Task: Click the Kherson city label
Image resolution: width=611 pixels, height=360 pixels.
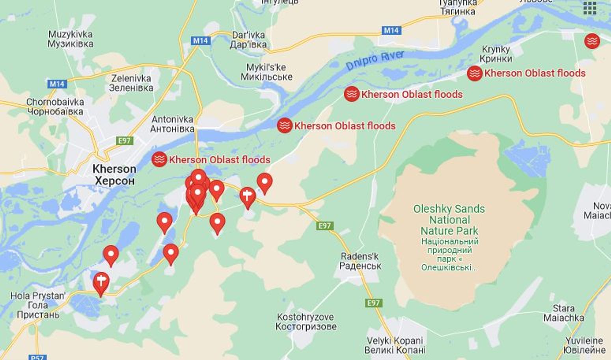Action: [x=114, y=174]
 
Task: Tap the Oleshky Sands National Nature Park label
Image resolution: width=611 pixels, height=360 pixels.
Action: [x=449, y=220]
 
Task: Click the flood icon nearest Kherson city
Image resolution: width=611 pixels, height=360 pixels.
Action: [x=159, y=159]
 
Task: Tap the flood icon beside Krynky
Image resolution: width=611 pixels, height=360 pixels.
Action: [x=475, y=73]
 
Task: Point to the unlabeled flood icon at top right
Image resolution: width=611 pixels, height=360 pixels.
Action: [x=592, y=41]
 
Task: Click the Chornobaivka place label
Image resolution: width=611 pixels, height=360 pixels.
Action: [x=55, y=107]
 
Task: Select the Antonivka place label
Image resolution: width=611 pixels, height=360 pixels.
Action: [x=172, y=124]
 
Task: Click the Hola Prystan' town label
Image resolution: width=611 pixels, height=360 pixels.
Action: [x=38, y=305]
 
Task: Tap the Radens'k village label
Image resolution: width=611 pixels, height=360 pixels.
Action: [x=360, y=261]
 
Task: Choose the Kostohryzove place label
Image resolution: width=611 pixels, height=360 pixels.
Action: [x=306, y=321]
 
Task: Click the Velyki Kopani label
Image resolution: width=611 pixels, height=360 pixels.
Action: [x=395, y=345]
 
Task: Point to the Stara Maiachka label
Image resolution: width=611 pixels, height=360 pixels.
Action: [x=563, y=313]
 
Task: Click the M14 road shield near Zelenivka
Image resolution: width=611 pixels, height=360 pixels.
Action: [x=56, y=84]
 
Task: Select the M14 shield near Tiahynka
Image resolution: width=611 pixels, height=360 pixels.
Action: [x=391, y=30]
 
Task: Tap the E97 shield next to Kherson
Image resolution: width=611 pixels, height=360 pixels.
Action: [x=125, y=141]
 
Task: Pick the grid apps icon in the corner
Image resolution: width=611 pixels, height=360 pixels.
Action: [x=590, y=8]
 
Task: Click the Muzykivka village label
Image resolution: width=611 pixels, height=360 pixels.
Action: [x=71, y=39]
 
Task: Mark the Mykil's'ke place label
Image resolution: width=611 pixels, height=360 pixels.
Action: [x=266, y=72]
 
